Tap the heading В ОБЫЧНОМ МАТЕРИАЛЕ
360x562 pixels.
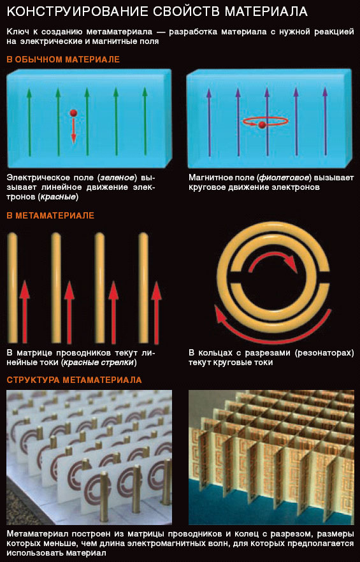click(x=63, y=59)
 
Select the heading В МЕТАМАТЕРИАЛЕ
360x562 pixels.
click(x=50, y=216)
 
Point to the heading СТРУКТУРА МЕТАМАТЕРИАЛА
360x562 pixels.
click(x=74, y=380)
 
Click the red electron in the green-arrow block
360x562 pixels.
click(x=73, y=113)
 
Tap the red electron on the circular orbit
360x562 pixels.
click(x=262, y=125)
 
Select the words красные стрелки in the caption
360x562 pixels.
click(x=99, y=363)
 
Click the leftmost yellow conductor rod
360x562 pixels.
click(x=13, y=287)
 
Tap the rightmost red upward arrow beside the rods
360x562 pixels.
click(x=156, y=312)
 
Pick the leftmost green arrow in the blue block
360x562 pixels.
click(x=29, y=122)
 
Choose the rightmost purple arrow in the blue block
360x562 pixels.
click(x=325, y=122)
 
